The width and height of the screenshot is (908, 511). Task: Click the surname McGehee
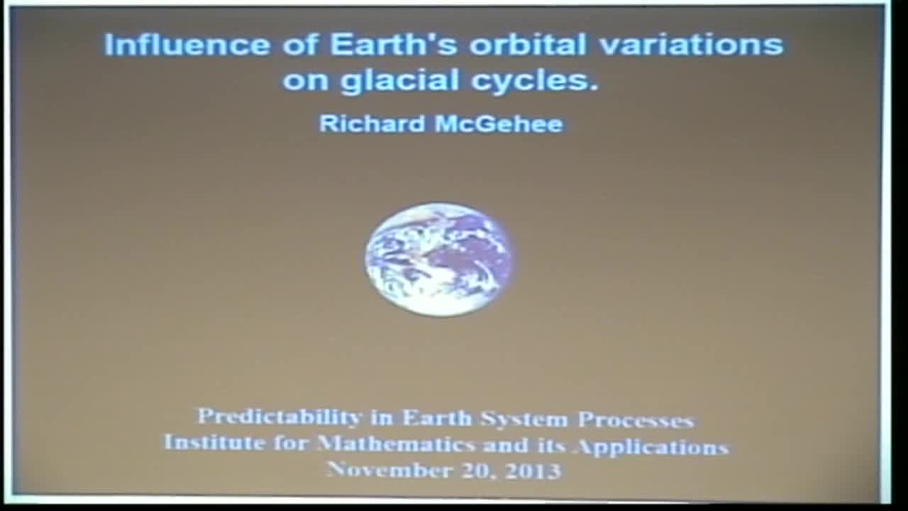(x=499, y=123)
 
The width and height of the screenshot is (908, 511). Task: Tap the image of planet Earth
(x=439, y=259)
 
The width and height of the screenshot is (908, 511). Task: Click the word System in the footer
(x=525, y=419)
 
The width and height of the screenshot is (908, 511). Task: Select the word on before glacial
(x=306, y=80)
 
